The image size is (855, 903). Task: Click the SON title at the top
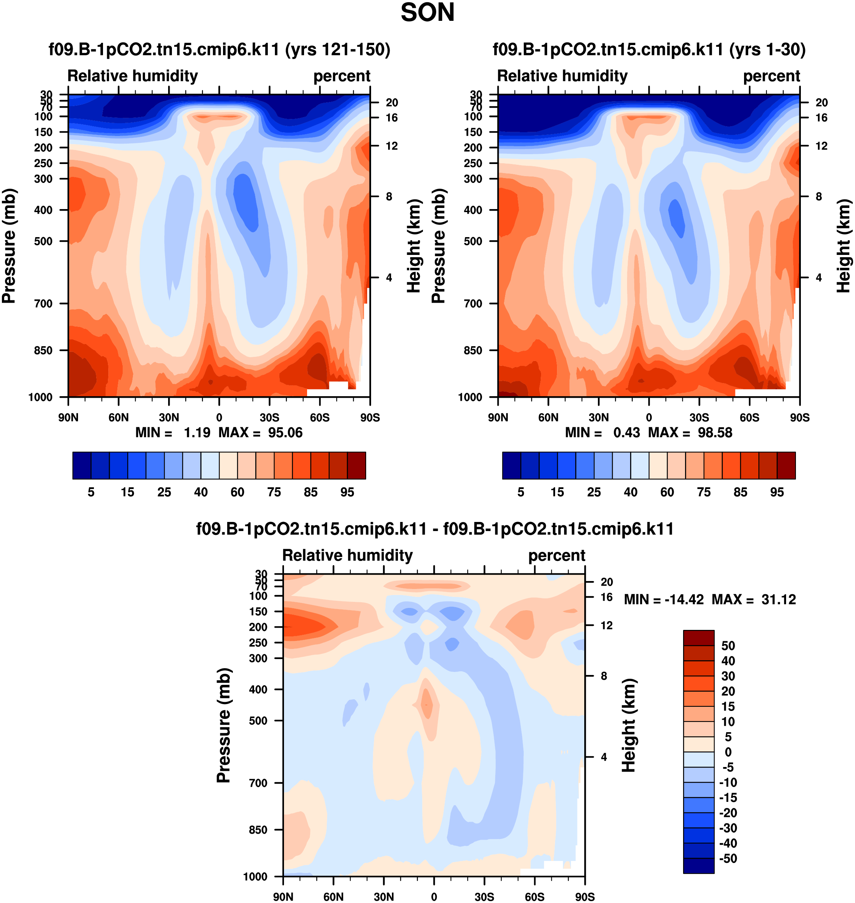click(427, 13)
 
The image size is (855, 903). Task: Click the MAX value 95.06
click(285, 432)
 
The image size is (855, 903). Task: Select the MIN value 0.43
click(626, 432)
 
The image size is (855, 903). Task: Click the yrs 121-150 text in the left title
click(338, 49)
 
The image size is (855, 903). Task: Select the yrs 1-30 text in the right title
click(768, 49)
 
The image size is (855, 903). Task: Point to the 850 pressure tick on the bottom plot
click(258, 830)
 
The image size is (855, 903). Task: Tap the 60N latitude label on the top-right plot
click(548, 417)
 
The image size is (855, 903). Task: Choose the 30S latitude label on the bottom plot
click(484, 897)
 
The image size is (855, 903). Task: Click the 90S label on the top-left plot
click(370, 417)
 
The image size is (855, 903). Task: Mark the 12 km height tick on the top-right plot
click(821, 146)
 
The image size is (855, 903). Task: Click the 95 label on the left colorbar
click(347, 492)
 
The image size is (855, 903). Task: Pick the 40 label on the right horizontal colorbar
click(630, 492)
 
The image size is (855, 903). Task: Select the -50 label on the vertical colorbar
click(728, 858)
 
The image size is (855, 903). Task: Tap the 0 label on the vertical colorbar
click(728, 752)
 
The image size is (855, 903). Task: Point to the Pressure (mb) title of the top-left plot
click(9, 246)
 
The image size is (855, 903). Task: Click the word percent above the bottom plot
click(557, 555)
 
